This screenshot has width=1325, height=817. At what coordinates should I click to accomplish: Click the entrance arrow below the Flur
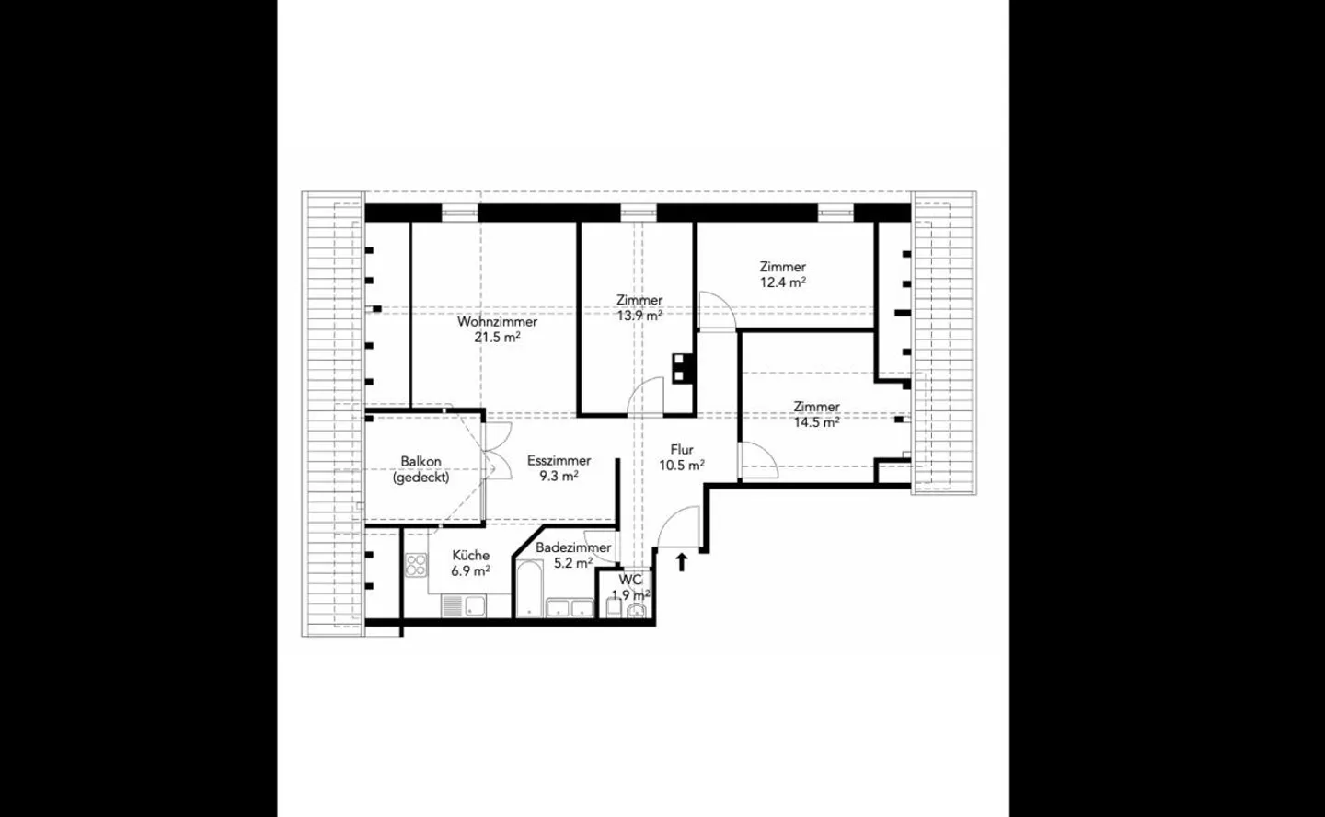(682, 561)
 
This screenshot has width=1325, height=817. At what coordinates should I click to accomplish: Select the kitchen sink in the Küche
(476, 606)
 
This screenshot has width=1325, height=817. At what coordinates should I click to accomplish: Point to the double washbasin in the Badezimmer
(570, 607)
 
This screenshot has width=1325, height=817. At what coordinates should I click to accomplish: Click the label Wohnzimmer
(497, 322)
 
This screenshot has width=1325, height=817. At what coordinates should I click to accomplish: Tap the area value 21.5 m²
(497, 337)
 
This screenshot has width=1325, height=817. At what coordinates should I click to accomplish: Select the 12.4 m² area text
(782, 282)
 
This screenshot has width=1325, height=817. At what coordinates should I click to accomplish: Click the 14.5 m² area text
(816, 422)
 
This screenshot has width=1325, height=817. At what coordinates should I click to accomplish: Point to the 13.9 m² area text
(639, 315)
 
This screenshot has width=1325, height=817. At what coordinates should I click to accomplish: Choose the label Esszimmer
(559, 461)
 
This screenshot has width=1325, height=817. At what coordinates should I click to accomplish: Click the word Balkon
(421, 462)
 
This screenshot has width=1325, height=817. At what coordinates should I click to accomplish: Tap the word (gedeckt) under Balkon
(421, 478)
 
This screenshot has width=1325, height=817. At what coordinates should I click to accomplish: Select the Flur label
(682, 450)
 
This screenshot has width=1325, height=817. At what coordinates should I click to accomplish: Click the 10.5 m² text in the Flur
(682, 466)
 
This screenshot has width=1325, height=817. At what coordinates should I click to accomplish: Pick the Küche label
(470, 556)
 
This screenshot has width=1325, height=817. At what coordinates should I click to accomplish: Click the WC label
(630, 581)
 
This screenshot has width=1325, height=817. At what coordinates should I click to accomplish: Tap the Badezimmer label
(573, 547)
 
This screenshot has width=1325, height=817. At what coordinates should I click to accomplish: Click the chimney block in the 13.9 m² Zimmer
(682, 367)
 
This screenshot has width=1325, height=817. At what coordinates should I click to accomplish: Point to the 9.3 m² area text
(559, 477)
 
